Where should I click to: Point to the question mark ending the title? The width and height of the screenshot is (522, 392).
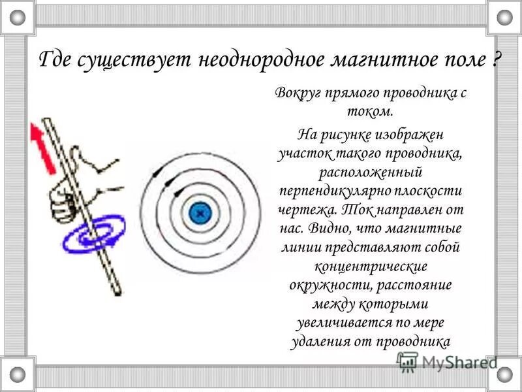[497, 61]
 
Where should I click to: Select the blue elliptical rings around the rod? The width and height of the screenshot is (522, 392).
[95, 237]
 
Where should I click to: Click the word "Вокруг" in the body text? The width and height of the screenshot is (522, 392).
[298, 93]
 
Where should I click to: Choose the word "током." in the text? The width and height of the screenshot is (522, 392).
[370, 110]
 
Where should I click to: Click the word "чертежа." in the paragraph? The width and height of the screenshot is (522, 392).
[311, 211]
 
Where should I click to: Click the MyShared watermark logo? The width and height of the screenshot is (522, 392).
[448, 361]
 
